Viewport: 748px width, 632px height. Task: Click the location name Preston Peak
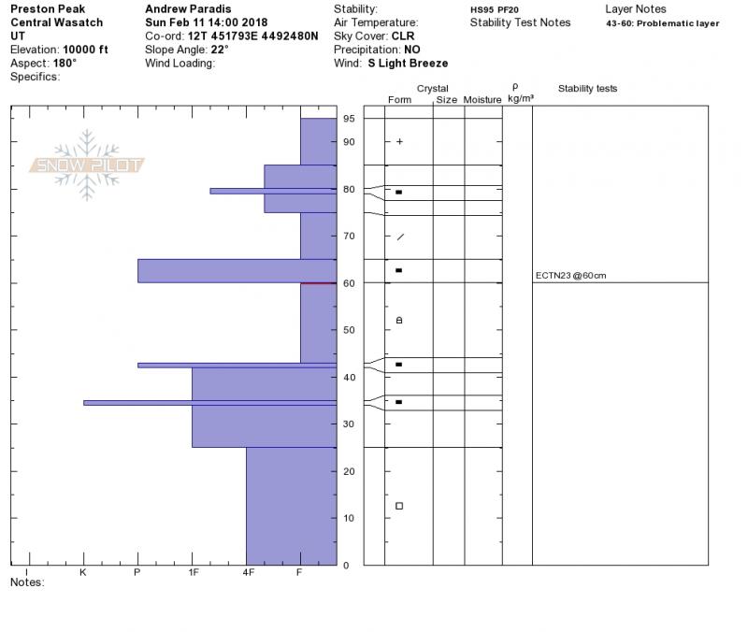pos(48,9)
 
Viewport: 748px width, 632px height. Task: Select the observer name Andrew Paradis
pos(188,9)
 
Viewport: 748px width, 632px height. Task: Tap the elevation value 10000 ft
pos(85,50)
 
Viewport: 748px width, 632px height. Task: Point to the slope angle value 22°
pos(220,50)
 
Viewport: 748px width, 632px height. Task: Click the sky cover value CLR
pos(403,36)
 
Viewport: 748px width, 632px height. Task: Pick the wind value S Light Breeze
pos(408,64)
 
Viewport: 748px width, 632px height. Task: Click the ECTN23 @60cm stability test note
pos(570,276)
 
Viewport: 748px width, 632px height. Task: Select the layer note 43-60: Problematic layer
pos(663,23)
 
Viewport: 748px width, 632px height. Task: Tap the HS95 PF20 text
pos(495,9)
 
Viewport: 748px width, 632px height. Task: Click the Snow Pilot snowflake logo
pos(86,165)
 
